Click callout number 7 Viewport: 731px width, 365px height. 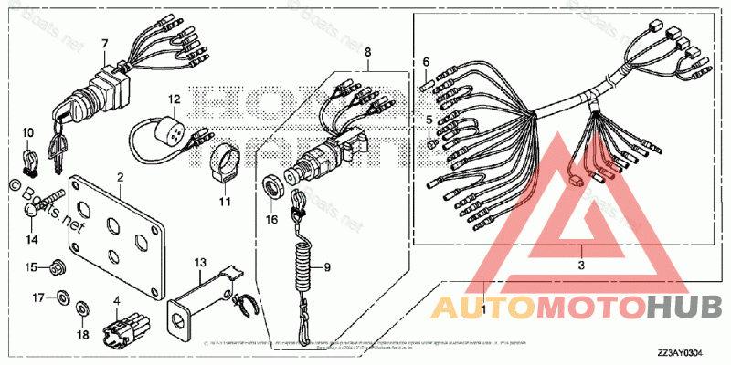104,43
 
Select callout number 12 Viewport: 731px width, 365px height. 174,98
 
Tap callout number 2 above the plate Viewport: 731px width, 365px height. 120,174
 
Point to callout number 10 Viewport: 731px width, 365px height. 27,133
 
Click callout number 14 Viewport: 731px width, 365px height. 32,239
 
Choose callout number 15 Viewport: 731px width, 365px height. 29,267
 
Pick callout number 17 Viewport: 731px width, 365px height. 37,297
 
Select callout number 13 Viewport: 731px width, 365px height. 200,263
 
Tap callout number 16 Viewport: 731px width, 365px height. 271,219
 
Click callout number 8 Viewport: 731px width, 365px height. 368,54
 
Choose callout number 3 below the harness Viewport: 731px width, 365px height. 581,265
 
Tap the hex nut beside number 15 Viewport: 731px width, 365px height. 57,267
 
